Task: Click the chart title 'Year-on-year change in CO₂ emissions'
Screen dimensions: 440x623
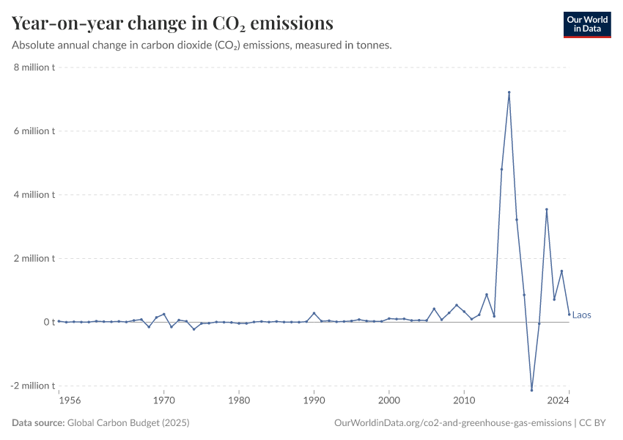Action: click(172, 23)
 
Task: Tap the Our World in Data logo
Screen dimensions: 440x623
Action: click(586, 24)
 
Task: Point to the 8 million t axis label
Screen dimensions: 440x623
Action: click(33, 67)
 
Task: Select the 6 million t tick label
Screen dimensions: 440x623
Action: click(33, 131)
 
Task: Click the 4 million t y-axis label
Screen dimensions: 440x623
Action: click(33, 195)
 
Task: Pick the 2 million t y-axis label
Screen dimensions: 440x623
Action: click(33, 258)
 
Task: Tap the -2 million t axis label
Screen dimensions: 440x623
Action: click(32, 386)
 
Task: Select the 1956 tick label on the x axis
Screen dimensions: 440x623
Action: click(70, 400)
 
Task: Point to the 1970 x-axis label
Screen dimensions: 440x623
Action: click(163, 400)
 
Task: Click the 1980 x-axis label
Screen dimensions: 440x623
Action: click(239, 400)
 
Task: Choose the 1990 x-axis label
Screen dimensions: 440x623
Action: click(314, 400)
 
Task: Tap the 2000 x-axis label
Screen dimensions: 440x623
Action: click(389, 400)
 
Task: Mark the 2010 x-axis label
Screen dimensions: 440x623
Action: click(464, 400)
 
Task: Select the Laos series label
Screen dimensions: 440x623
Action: click(581, 315)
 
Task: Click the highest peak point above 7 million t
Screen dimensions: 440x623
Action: click(509, 92)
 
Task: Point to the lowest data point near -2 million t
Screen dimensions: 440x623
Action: click(531, 390)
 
